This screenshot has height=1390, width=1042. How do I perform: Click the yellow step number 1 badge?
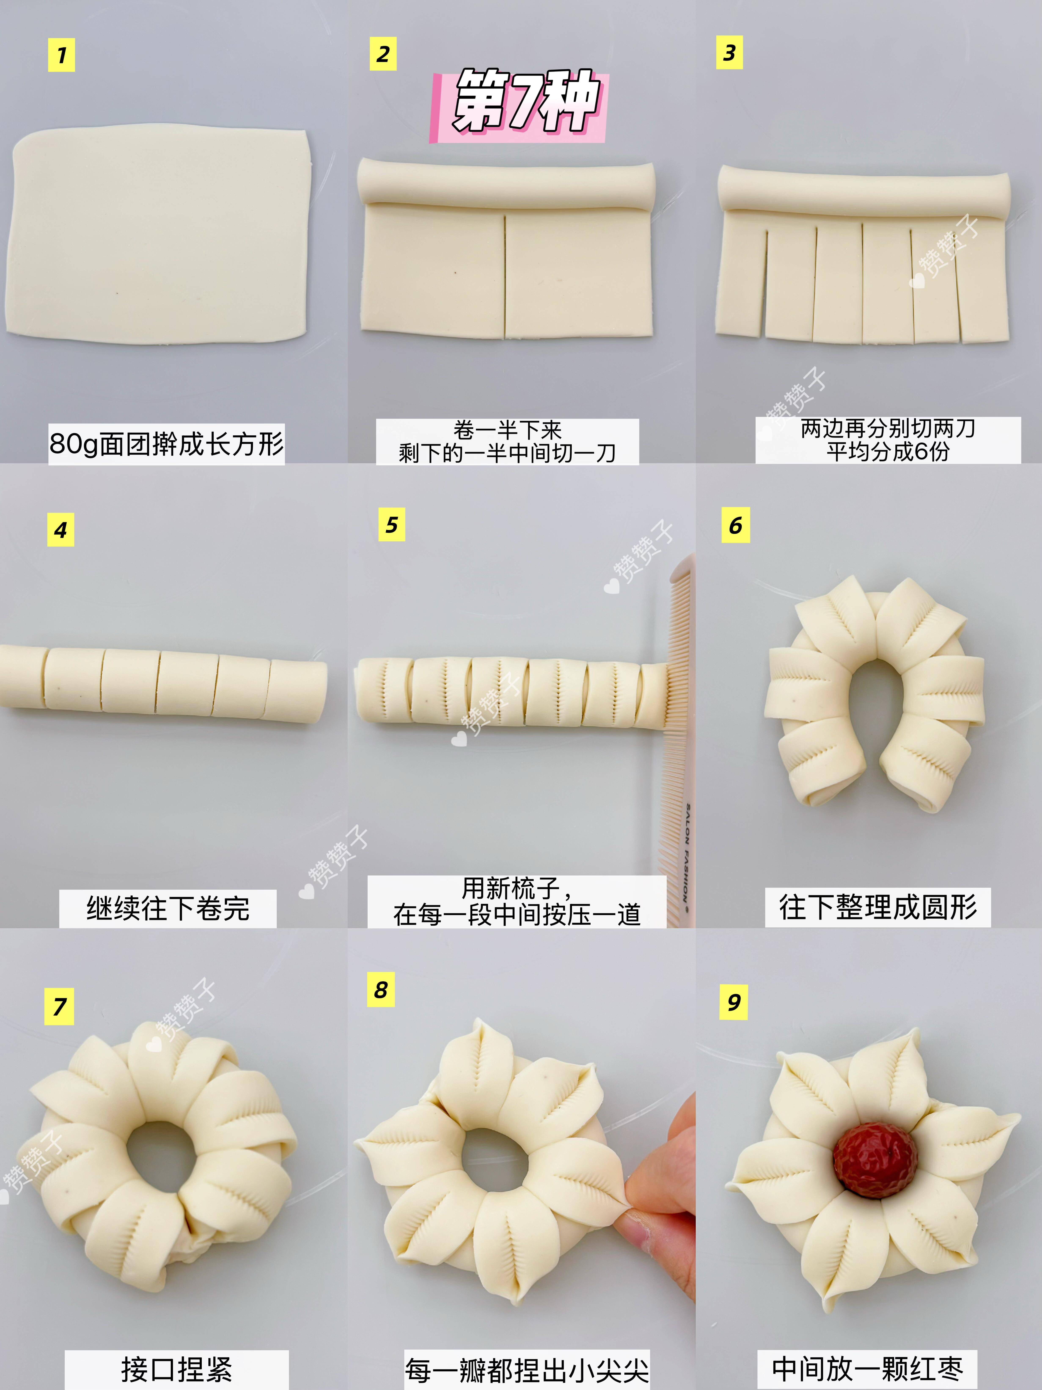point(62,55)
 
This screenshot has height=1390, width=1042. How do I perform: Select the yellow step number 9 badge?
point(734,1002)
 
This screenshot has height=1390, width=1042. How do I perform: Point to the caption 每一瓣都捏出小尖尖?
point(526,1370)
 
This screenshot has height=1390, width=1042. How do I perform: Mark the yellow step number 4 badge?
point(61,530)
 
